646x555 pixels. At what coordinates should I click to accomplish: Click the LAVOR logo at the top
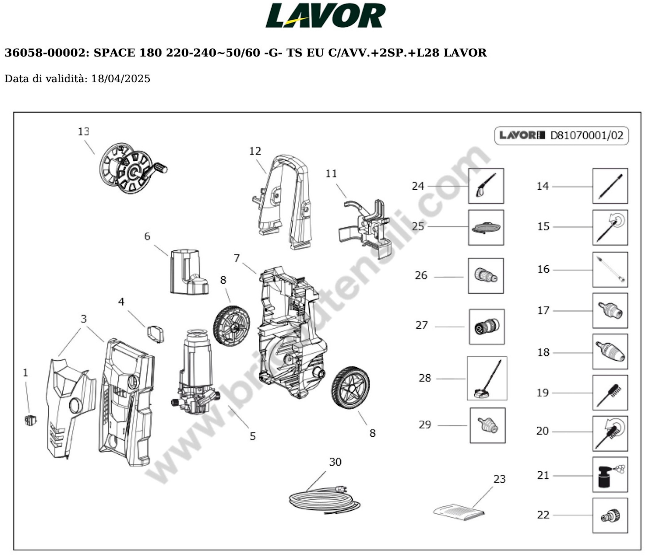click(325, 16)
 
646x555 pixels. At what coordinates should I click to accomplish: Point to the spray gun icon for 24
click(486, 186)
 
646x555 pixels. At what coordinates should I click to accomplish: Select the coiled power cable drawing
click(324, 501)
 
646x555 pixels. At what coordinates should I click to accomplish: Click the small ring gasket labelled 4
click(155, 334)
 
